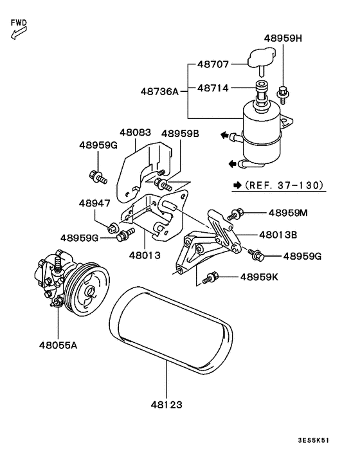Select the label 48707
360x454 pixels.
pyautogui.click(x=213, y=65)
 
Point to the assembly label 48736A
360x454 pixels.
pyautogui.click(x=159, y=91)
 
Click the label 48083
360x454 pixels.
pyautogui.click(x=134, y=132)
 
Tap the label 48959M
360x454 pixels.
pyautogui.click(x=288, y=212)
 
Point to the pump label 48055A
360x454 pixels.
pyautogui.click(x=57, y=345)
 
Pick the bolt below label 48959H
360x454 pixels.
pyautogui.click(x=282, y=94)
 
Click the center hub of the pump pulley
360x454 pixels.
pyautogui.click(x=89, y=293)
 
